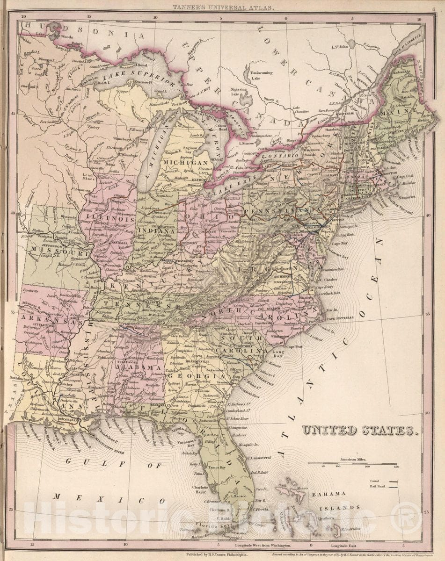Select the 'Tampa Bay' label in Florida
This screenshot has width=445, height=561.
pos(216,467)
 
